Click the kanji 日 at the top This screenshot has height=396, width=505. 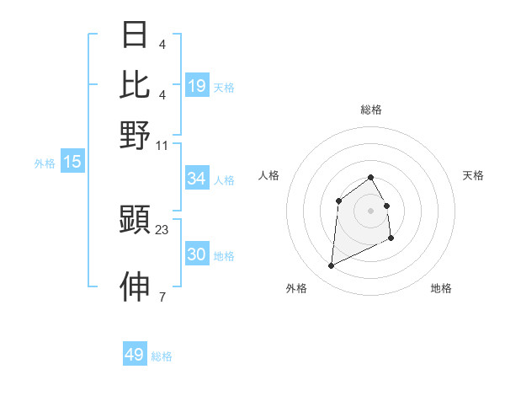136,35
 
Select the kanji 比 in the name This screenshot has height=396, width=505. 136,85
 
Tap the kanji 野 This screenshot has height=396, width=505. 136,135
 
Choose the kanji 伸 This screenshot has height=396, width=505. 136,287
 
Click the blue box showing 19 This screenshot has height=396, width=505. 196,85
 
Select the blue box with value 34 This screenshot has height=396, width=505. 196,179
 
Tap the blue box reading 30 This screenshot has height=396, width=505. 196,254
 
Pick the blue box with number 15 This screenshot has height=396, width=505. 72,163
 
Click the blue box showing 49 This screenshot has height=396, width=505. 134,355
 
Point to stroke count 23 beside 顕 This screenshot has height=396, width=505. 162,230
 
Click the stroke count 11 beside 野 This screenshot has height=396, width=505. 162,145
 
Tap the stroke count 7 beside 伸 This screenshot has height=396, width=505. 162,297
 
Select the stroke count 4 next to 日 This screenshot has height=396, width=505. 162,44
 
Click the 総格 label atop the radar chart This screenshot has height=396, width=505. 371,110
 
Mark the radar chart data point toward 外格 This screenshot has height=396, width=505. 331,266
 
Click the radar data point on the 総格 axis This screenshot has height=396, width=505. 371,177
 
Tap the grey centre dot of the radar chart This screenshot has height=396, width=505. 371,209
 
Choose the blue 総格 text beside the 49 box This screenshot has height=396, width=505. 162,356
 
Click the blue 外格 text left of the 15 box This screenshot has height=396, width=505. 44,163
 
